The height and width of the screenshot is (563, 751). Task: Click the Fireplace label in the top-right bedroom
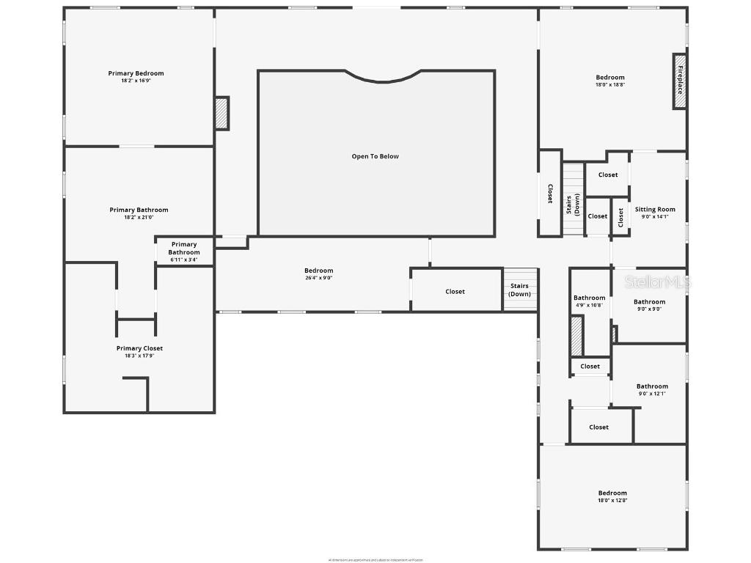tap(680, 81)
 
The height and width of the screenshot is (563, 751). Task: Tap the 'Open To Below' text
tap(375, 156)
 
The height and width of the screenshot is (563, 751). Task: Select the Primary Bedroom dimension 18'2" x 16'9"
tap(136, 81)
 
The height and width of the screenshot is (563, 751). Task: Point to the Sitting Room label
tap(655, 210)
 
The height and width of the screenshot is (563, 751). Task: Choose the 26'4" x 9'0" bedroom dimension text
tap(318, 278)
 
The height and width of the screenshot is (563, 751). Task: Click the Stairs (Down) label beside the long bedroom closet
tap(520, 290)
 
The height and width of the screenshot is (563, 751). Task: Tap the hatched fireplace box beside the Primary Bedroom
tap(221, 113)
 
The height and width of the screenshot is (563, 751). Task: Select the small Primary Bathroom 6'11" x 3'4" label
tap(183, 260)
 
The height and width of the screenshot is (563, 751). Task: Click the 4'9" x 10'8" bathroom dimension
tap(589, 305)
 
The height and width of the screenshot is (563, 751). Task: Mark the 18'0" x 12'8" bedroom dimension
tap(612, 501)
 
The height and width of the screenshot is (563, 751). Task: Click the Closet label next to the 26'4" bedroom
tap(455, 292)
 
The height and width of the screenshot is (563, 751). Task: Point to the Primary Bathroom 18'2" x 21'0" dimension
tap(139, 217)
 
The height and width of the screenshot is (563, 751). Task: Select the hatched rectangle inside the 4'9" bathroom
tap(576, 336)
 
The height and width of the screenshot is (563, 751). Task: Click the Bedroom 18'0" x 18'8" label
tap(610, 78)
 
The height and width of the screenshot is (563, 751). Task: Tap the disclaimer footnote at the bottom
tap(375, 560)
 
